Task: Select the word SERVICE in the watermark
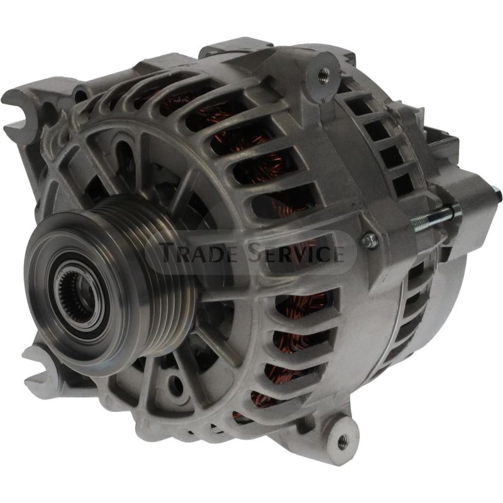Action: click(x=295, y=253)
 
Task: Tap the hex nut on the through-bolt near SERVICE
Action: click(x=370, y=239)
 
